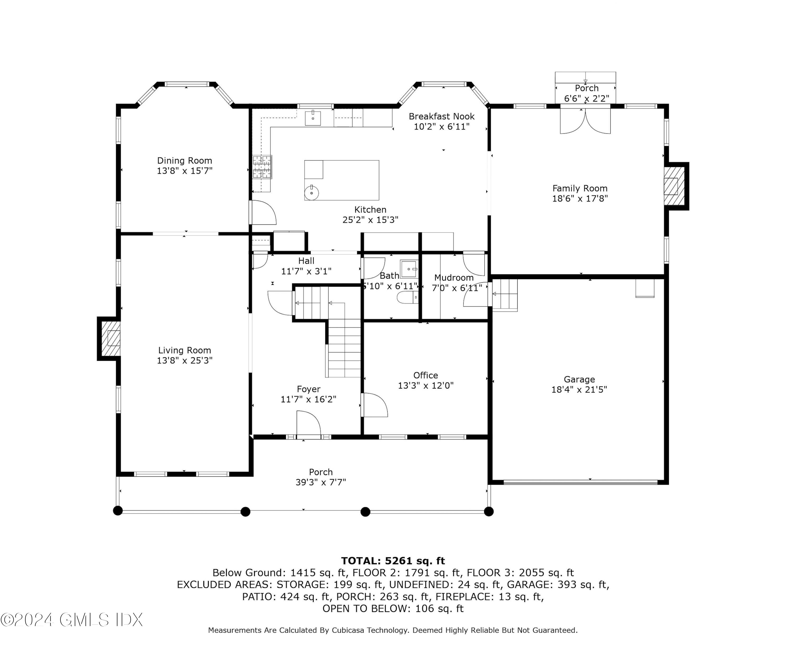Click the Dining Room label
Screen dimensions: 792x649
tap(185, 160)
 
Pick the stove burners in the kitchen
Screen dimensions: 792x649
tap(262, 167)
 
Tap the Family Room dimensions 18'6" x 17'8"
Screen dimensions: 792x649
tap(580, 198)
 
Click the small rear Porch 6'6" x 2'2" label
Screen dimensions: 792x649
tap(587, 93)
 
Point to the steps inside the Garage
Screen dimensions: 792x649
tap(505, 295)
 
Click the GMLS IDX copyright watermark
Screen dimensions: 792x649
tap(72, 620)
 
